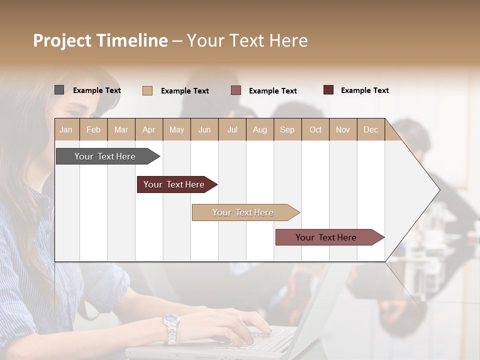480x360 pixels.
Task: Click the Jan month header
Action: coord(66,129)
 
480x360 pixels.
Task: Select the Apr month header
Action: coord(148,129)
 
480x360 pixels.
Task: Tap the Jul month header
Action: coord(232,129)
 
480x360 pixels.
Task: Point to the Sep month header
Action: coord(287,129)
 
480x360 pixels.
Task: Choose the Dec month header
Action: coord(370,129)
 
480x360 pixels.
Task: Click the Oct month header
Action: coord(315,129)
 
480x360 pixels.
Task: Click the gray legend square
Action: coord(59,90)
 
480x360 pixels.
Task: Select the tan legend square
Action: coord(147,90)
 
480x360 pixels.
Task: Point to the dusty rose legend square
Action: coord(236,90)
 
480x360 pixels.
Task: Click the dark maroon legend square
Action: coord(328,90)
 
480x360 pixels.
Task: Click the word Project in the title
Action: coord(62,40)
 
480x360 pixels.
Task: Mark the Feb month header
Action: coord(93,129)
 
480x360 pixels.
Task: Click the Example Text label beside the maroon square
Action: coord(364,90)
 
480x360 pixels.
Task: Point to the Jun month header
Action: coord(204,129)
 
